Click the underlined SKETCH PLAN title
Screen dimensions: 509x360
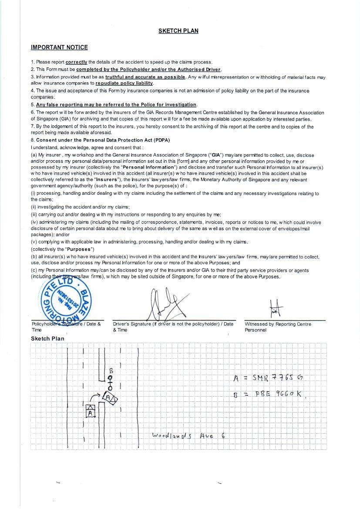point(178,31)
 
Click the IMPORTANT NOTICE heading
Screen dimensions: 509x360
point(59,47)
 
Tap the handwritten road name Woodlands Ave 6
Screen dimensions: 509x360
point(188,435)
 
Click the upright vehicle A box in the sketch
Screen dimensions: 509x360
point(90,411)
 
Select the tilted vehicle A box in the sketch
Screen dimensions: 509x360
point(110,398)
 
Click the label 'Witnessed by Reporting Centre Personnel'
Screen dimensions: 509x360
point(278,327)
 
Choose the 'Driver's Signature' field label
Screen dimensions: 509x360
point(173,327)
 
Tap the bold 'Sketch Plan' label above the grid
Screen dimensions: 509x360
point(47,339)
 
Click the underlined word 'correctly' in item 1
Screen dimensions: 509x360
point(76,62)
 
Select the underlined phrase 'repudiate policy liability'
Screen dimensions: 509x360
point(124,83)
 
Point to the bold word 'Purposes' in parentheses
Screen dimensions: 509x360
point(80,249)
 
